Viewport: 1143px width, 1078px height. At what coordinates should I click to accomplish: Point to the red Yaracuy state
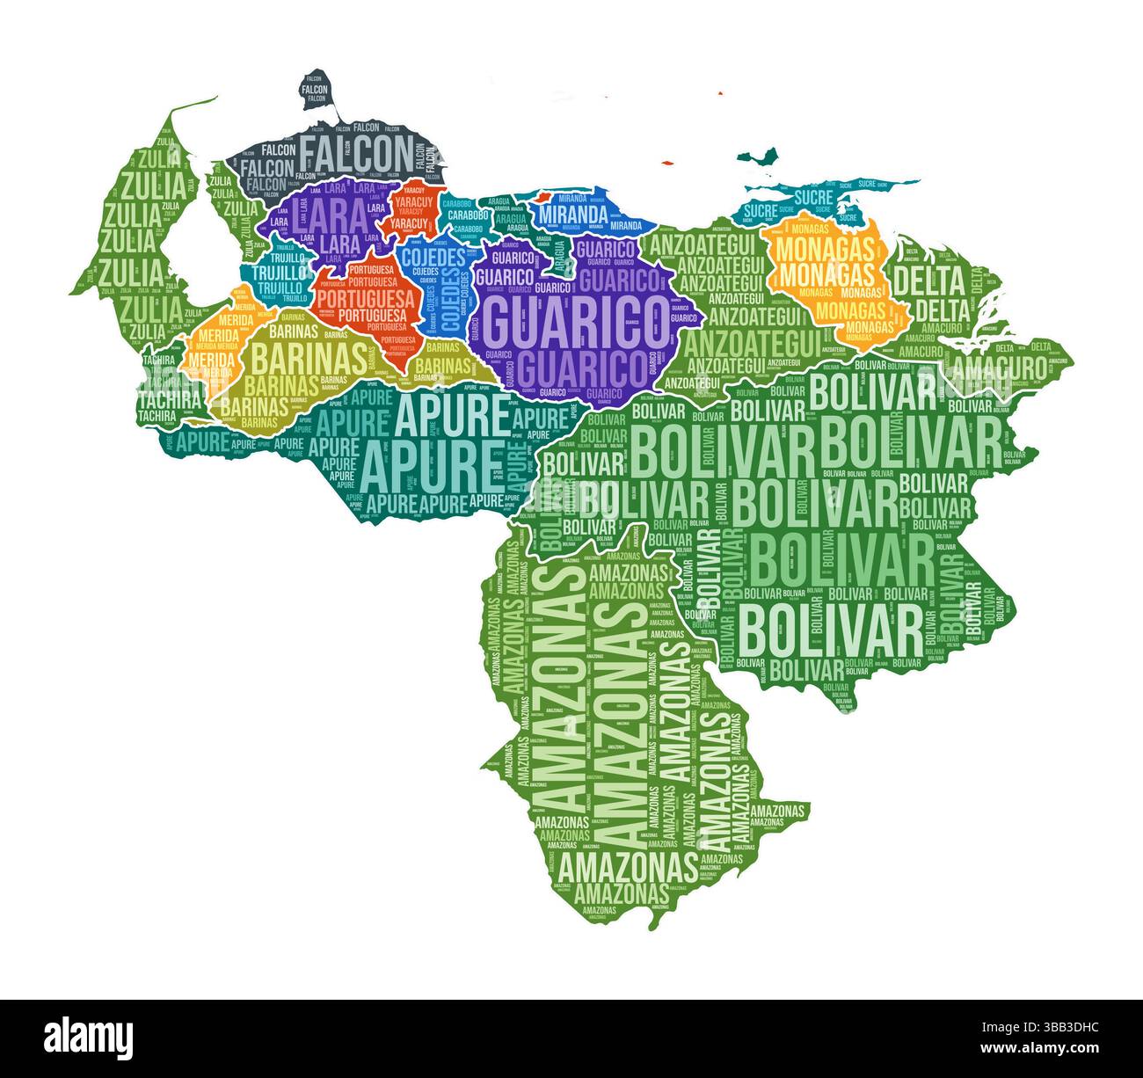pos(411,211)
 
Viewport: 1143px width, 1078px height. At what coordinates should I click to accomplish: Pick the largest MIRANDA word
pos(572,215)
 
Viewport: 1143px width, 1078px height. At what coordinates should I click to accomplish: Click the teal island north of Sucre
pos(758,157)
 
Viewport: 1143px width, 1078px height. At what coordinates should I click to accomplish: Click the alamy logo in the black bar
pos(88,1038)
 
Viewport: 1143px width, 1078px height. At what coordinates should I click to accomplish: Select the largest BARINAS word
pos(310,358)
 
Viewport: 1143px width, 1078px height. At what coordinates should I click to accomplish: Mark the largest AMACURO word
pos(1001,368)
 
